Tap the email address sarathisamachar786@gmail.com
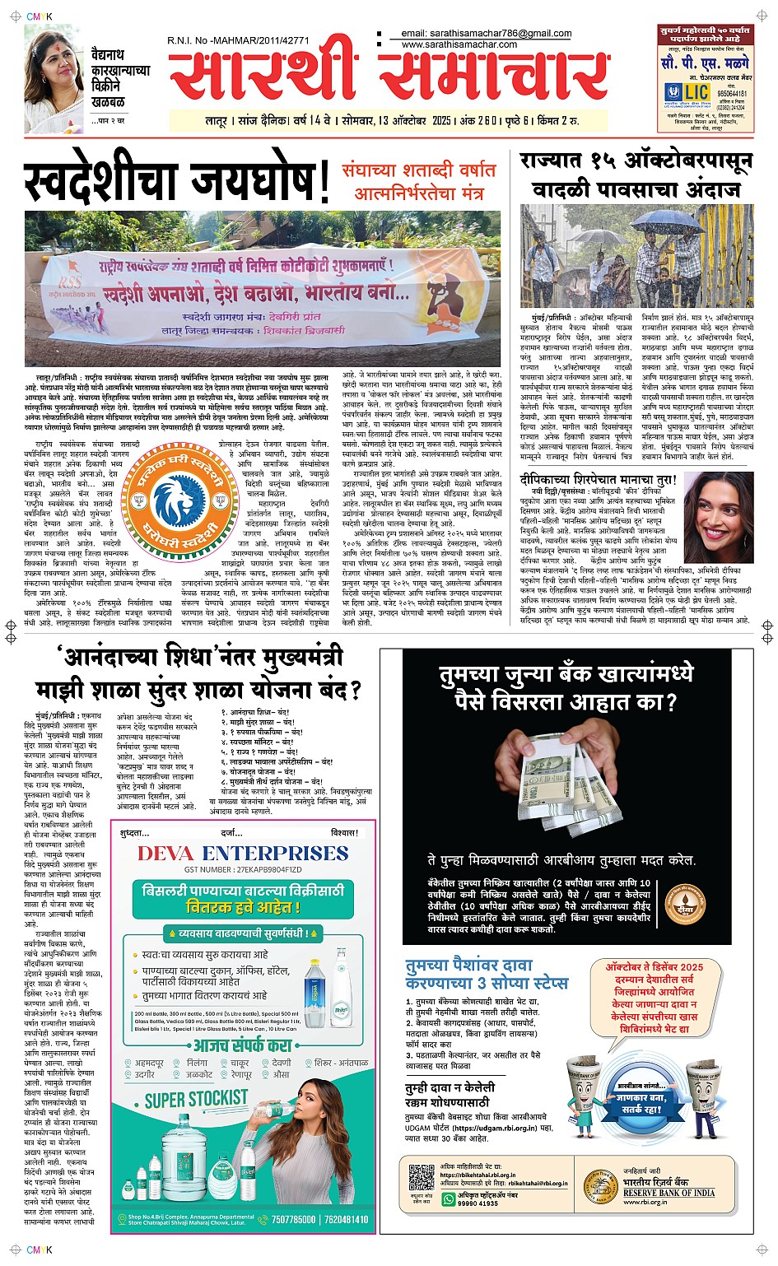tap(487, 34)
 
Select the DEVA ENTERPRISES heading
tap(243, 853)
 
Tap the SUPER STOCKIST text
tap(196, 1099)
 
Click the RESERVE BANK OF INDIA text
tap(669, 1193)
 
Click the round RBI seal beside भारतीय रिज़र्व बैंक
tap(599, 1185)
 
